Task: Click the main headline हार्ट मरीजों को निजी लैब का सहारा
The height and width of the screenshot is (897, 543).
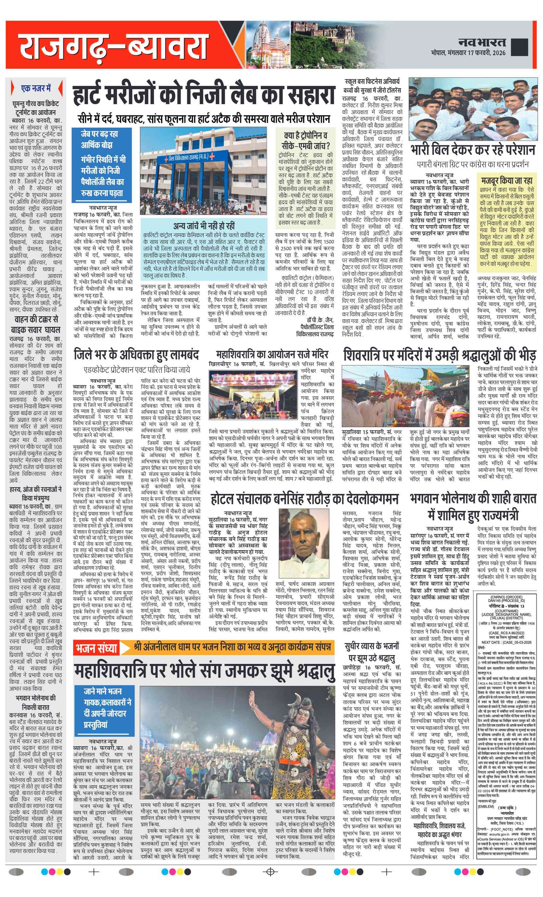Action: [204, 95]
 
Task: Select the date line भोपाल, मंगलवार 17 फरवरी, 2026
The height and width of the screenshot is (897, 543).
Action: [468, 53]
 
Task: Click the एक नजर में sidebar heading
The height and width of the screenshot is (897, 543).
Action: [36, 89]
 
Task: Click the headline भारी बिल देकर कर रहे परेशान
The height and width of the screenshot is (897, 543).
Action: [472, 150]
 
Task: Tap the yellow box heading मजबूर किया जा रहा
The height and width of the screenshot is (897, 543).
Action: [507, 180]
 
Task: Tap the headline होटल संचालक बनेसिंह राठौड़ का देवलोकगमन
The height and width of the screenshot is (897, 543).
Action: [304, 499]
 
